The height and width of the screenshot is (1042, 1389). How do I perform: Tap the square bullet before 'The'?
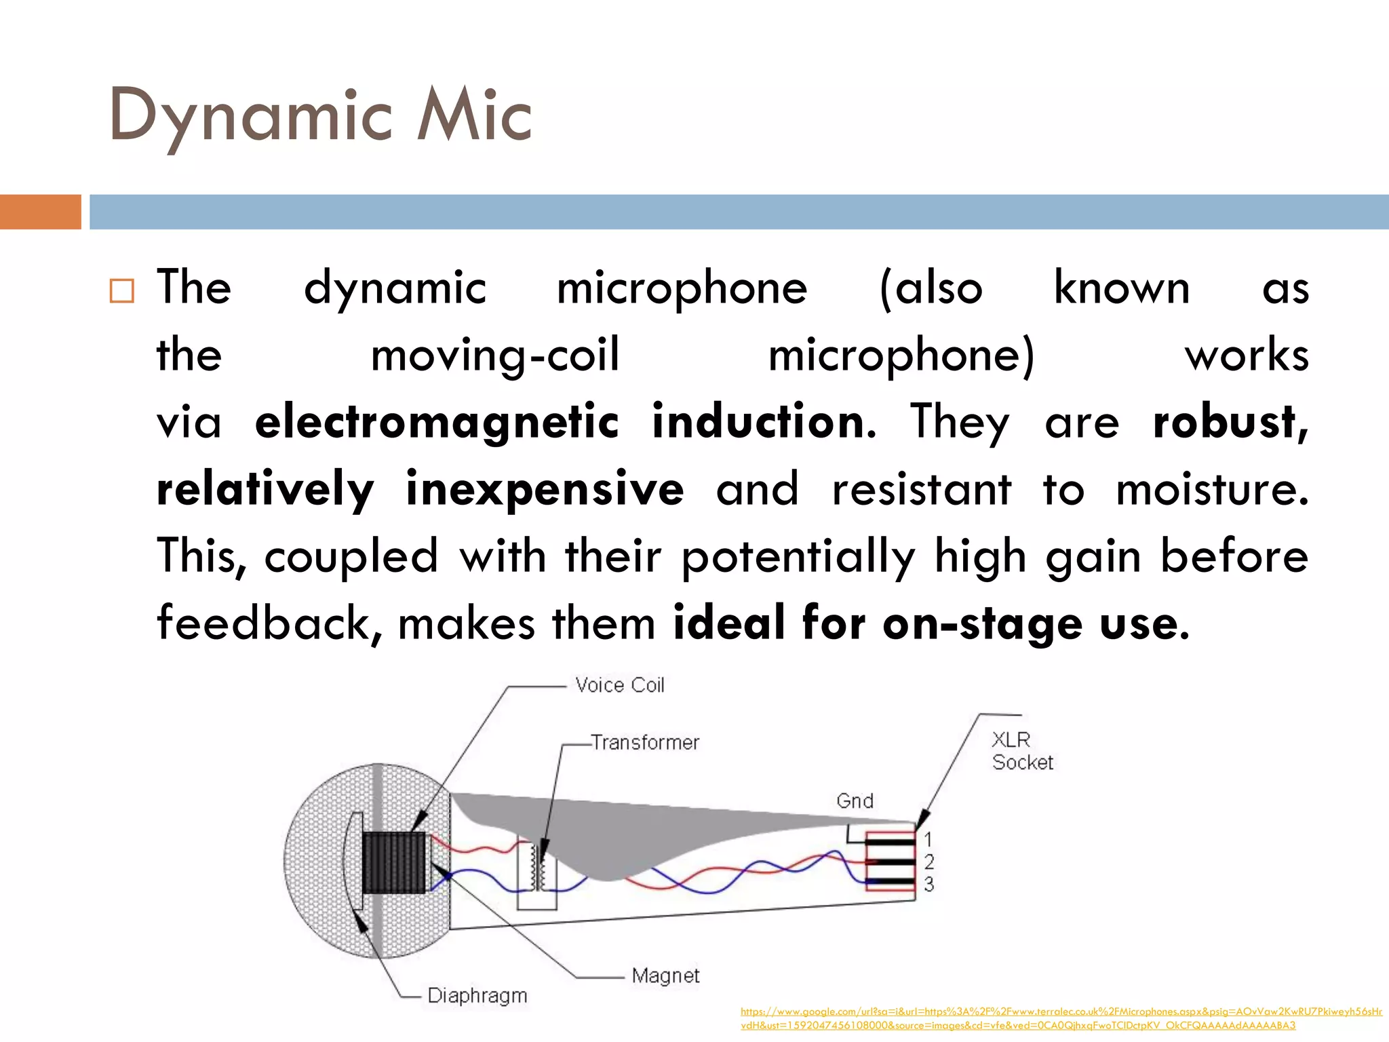click(122, 290)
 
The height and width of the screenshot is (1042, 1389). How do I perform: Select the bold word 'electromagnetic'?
click(437, 422)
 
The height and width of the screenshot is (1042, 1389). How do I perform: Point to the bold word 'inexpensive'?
click(545, 489)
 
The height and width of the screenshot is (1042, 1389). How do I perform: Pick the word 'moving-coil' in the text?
click(495, 355)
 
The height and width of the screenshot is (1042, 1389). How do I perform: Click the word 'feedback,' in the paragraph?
click(269, 623)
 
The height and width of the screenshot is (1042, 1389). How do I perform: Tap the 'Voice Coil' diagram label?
click(619, 685)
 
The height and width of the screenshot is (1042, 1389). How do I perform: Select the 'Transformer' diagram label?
click(644, 742)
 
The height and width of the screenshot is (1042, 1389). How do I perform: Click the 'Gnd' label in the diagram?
click(855, 801)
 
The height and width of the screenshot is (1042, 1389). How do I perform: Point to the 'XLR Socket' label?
click(1022, 751)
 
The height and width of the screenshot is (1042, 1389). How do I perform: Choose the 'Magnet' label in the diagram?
click(665, 976)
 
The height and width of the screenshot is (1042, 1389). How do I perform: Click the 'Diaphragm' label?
click(477, 995)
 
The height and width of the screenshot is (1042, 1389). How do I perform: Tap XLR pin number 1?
click(928, 841)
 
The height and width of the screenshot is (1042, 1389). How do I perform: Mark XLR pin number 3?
click(928, 884)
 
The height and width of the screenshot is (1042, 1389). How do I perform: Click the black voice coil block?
click(394, 862)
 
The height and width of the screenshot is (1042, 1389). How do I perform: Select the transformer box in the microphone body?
click(536, 875)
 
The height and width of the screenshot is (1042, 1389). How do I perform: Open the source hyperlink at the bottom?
click(1061, 1018)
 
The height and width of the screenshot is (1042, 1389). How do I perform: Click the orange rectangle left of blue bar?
click(40, 212)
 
